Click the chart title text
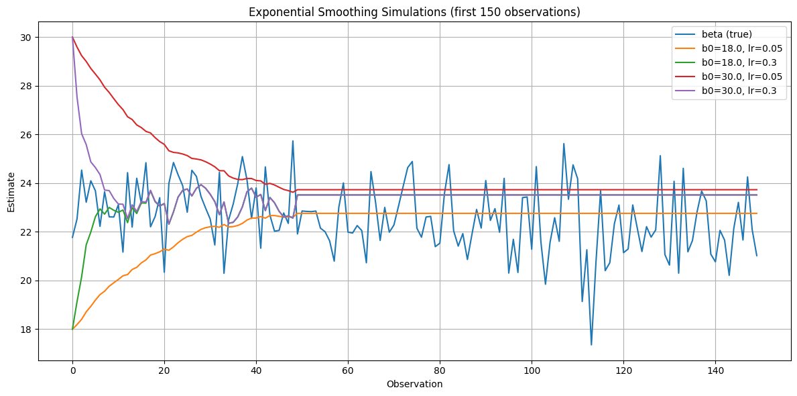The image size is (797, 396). point(414,12)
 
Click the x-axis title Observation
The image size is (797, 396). point(414,385)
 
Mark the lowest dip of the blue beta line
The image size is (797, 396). point(591,345)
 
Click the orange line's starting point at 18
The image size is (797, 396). point(72,329)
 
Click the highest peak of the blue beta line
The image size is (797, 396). point(293,141)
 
